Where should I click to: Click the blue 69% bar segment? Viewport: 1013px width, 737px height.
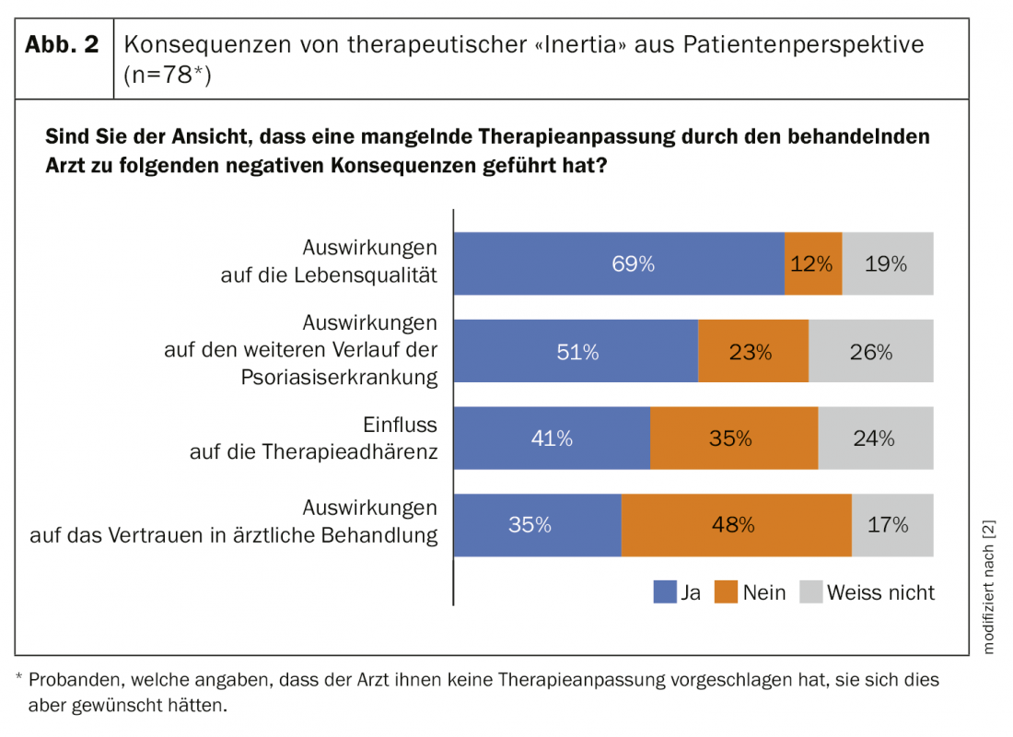pos(619,263)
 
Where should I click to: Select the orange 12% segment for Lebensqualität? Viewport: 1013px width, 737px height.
pos(813,263)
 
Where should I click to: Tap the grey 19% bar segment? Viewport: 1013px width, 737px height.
pos(888,263)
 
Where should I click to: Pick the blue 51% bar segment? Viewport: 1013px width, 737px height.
pos(576,351)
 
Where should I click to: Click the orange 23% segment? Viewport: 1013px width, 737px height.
pos(753,351)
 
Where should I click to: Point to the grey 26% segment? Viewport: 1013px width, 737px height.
pos(871,351)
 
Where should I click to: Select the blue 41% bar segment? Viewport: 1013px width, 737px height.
pos(552,439)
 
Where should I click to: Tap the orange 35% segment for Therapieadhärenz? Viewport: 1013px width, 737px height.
pos(734,439)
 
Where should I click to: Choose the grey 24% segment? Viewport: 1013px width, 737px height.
pos(876,439)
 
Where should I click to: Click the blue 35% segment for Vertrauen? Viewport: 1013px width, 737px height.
pos(538,525)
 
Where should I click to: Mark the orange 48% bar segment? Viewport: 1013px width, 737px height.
pos(737,525)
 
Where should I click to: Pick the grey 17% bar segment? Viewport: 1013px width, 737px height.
pos(892,525)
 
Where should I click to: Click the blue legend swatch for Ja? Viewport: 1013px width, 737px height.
pos(664,591)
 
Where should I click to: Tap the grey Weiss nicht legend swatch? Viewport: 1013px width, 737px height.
pos(809,591)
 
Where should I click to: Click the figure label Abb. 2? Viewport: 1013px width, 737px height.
pos(62,45)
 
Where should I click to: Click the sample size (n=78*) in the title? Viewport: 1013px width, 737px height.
pos(168,76)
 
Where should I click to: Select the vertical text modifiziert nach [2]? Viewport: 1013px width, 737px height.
pos(989,585)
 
